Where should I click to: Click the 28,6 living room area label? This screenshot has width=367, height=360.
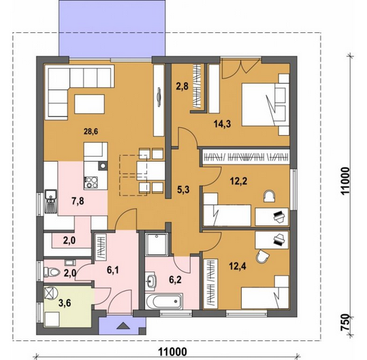(91, 131)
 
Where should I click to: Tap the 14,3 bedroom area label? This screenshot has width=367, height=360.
(222, 124)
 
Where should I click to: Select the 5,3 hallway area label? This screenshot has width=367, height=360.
(183, 190)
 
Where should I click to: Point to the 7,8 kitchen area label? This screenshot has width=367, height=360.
(78, 201)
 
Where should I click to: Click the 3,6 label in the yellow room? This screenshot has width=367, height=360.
(65, 303)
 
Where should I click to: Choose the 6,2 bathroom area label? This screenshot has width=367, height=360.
(175, 280)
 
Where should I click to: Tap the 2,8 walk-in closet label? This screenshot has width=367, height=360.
(182, 86)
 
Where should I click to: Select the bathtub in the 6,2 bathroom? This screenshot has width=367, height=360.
(163, 301)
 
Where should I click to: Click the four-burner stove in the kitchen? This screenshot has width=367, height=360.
(91, 183)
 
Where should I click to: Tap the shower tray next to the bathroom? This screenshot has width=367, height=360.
(156, 244)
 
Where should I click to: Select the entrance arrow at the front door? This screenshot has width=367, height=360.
(123, 326)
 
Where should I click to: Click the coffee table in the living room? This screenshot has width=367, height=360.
(89, 104)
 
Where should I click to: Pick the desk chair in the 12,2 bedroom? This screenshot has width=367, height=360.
(269, 196)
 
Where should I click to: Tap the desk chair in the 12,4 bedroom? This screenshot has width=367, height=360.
(263, 257)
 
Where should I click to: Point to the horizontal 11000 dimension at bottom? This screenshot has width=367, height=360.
(173, 352)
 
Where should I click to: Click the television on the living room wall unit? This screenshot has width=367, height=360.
(159, 97)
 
